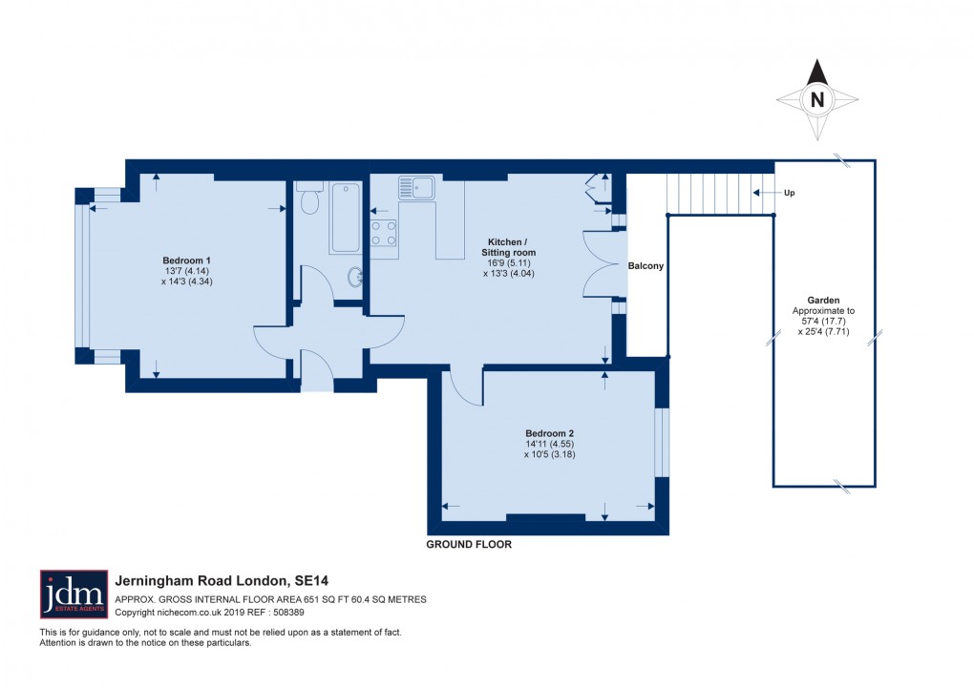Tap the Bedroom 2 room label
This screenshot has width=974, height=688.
click(x=549, y=433)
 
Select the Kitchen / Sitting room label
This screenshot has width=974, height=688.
click(x=508, y=247)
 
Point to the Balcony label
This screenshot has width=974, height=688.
click(x=646, y=266)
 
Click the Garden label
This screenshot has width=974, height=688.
click(x=823, y=300)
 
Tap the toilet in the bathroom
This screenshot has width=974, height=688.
click(x=309, y=198)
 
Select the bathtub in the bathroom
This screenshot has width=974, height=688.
click(x=345, y=218)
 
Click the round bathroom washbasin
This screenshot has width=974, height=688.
click(x=355, y=278)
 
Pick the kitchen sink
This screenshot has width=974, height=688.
click(x=416, y=188)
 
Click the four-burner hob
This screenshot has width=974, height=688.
click(x=383, y=233)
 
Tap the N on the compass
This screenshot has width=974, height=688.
click(x=816, y=99)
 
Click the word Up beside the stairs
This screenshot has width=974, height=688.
click(x=789, y=193)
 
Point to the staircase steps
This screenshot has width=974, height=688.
click(x=721, y=194)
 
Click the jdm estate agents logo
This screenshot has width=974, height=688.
click(x=74, y=594)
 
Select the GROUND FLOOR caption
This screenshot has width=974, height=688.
click(x=469, y=545)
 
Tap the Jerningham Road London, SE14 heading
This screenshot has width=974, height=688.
click(x=222, y=581)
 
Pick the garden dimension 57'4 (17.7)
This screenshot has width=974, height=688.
click(x=823, y=321)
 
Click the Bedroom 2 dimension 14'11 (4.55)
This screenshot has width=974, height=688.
click(x=550, y=444)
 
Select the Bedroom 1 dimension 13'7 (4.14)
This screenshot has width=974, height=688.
click(x=186, y=271)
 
